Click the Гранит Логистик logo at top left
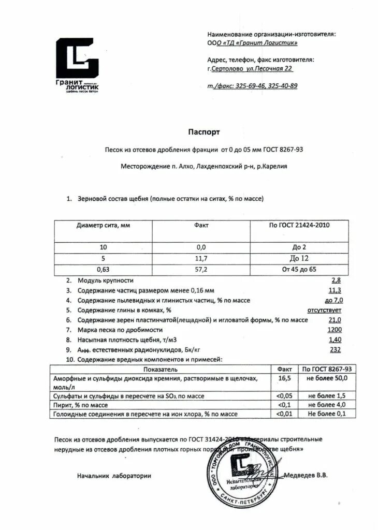point(77,64)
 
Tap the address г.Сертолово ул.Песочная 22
point(250,68)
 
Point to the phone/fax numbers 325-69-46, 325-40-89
point(252,85)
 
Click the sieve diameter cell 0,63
point(103,270)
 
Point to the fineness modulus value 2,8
point(336,280)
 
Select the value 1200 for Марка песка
point(335,329)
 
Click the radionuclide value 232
point(336,349)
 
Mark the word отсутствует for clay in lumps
point(324,310)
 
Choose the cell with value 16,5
point(285,379)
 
